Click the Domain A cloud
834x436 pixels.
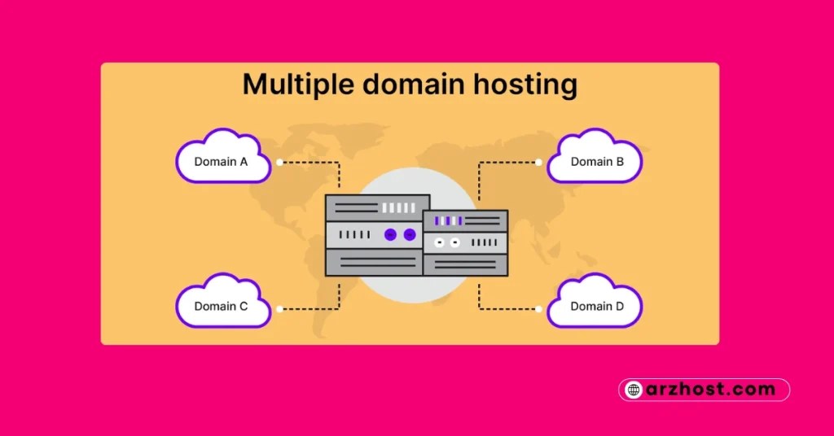coord(222,159)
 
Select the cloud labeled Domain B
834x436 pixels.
coord(596,159)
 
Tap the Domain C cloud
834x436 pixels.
coord(222,305)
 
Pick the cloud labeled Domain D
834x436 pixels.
coord(596,305)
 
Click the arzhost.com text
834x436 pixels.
coord(713,390)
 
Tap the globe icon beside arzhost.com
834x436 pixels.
coord(634,390)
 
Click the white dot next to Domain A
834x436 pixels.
coord(279,163)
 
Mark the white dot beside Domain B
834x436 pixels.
coord(538,163)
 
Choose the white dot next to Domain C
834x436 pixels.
coord(279,309)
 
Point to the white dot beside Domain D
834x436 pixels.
coord(538,309)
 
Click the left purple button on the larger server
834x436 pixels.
coord(390,235)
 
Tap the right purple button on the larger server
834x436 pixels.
coord(409,235)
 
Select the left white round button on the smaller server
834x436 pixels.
coord(440,242)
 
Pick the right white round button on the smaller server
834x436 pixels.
coord(454,242)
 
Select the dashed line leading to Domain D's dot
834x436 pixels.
coord(505,309)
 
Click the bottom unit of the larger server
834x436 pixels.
coord(374,262)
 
